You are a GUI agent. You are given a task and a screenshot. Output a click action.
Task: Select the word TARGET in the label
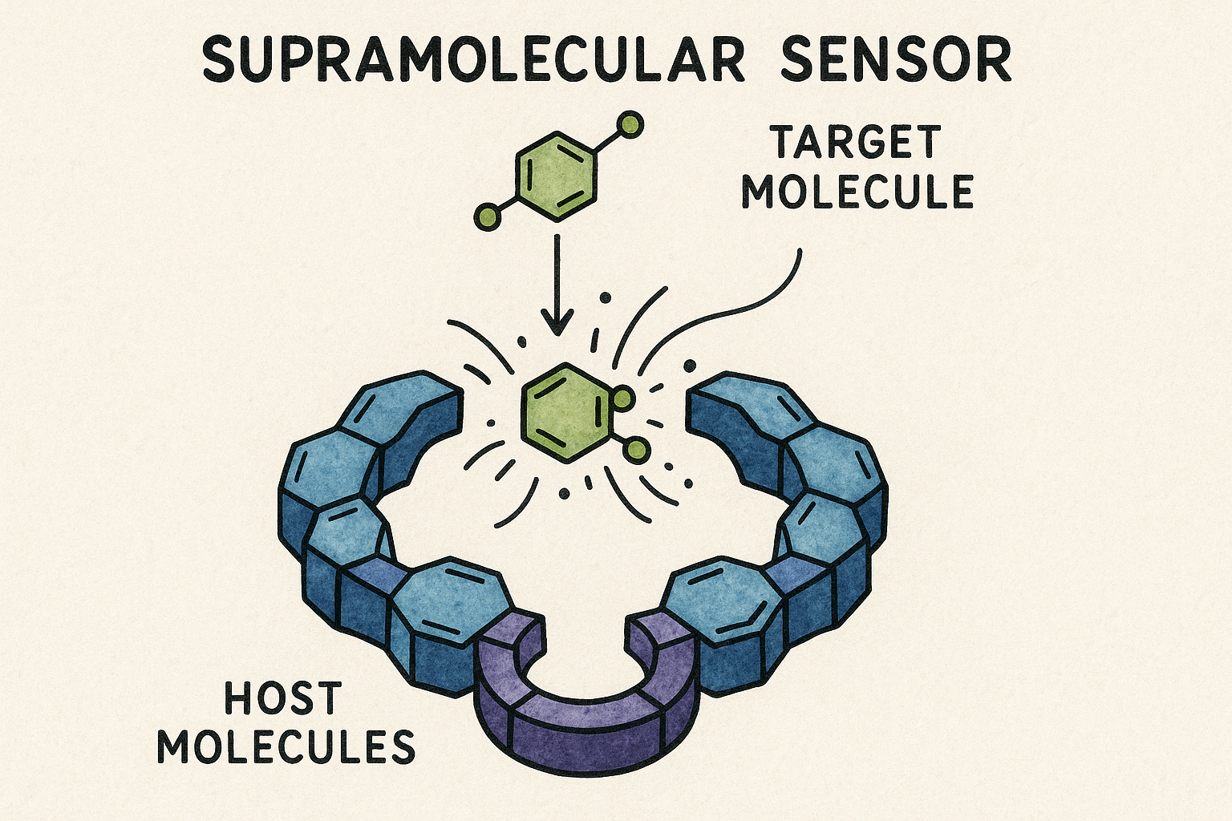click(x=855, y=144)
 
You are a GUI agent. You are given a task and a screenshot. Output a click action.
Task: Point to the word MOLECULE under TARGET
click(x=857, y=192)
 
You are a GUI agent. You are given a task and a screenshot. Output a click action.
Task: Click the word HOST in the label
click(x=283, y=698)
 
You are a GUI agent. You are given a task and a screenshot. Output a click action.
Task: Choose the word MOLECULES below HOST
click(x=286, y=746)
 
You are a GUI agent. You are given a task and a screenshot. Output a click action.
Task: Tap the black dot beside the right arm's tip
click(x=689, y=366)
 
